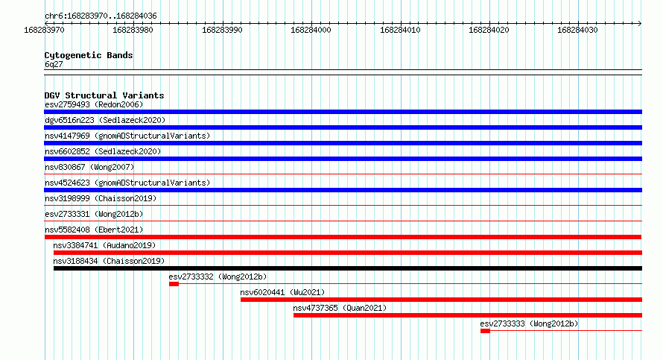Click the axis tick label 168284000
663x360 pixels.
click(311, 30)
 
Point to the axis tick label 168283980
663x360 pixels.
click(133, 30)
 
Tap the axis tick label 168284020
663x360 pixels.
click(489, 30)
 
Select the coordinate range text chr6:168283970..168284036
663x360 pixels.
click(101, 16)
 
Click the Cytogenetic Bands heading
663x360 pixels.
click(89, 55)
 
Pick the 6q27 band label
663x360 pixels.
click(54, 64)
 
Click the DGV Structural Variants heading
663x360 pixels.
click(104, 95)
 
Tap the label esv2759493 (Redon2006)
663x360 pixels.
click(94, 104)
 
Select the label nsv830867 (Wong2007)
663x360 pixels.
click(89, 167)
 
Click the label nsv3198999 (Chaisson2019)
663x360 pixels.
click(101, 198)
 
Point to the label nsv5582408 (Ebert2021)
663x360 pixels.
click(94, 230)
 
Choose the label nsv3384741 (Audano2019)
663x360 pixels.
click(104, 245)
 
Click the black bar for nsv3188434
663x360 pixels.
click(348, 268)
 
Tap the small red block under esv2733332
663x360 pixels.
click(174, 284)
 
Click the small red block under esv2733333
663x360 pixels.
click(485, 331)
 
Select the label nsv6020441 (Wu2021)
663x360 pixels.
click(282, 292)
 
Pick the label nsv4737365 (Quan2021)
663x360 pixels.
click(340, 308)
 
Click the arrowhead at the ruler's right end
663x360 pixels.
click(640, 23)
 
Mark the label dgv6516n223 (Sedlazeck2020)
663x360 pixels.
click(105, 120)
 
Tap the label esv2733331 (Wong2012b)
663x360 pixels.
click(94, 214)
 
